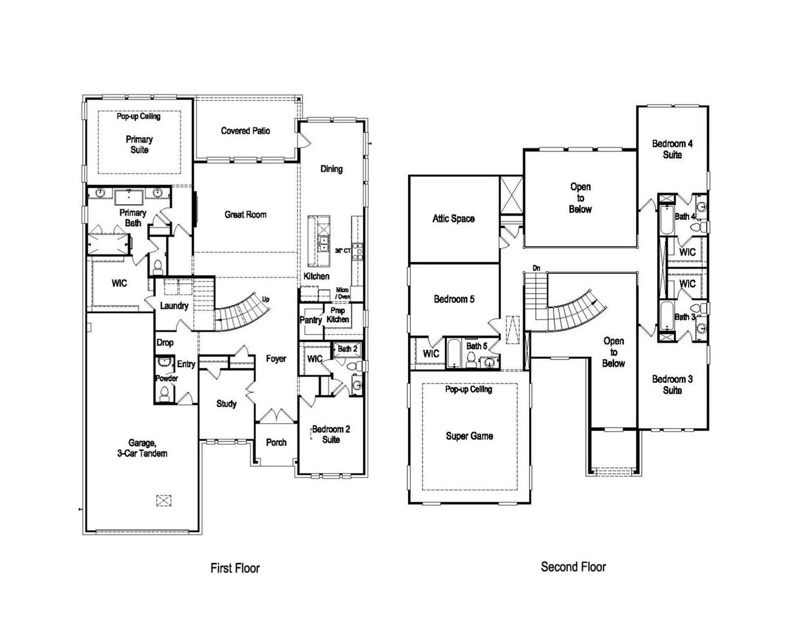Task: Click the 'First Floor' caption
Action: tap(234, 568)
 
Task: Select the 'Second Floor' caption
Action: tap(573, 567)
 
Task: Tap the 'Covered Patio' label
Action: tap(245, 131)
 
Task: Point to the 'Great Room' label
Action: tap(245, 215)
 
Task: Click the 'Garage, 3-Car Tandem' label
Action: tap(148, 448)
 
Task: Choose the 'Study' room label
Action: tap(226, 404)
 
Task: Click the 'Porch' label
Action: tap(276, 443)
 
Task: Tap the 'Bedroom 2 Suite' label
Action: tap(331, 434)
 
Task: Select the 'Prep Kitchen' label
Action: tap(338, 315)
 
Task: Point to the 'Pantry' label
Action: tap(310, 321)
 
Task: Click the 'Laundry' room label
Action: tap(174, 306)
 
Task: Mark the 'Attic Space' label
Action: tap(453, 219)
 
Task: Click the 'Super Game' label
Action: tap(469, 436)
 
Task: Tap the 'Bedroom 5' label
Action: tap(454, 299)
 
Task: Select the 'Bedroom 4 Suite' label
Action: tap(672, 149)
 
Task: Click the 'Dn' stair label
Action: tap(536, 268)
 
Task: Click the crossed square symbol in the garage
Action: tap(163, 500)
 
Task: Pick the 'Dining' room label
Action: tap(331, 169)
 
